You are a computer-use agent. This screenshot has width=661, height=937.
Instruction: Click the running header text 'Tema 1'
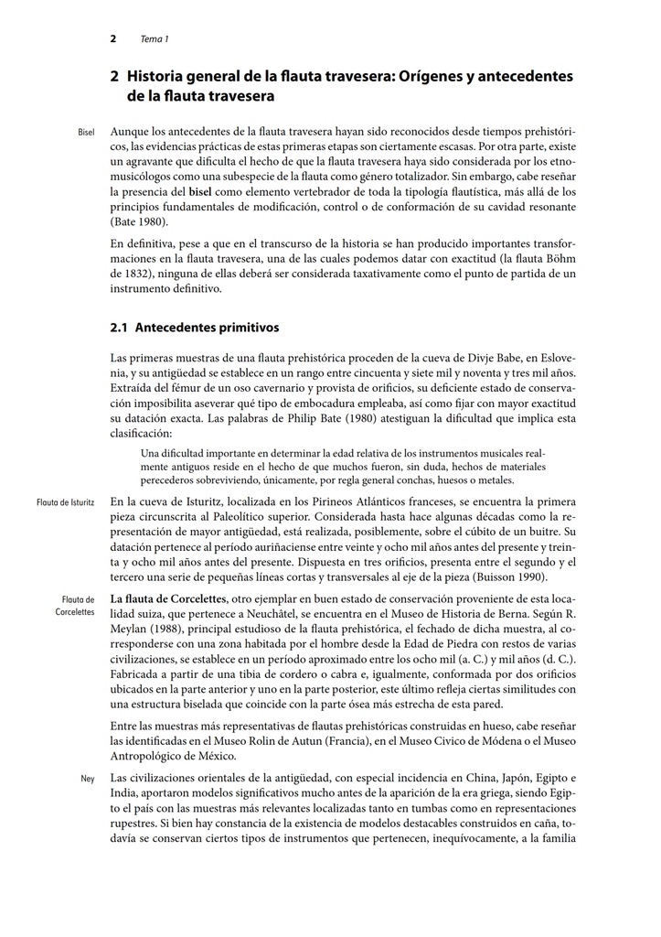pos(154,39)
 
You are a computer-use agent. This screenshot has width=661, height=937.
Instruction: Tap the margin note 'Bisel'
pos(87,134)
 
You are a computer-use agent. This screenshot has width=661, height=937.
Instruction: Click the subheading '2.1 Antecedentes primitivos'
pos(194,327)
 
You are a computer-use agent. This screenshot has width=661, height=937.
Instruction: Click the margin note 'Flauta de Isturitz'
pos(66,502)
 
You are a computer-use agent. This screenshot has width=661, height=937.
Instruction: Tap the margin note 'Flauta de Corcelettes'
pos(76,605)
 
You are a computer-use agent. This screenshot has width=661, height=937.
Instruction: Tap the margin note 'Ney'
pos(88,779)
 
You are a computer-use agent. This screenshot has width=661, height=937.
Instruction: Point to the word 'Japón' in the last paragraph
pos(486,778)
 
